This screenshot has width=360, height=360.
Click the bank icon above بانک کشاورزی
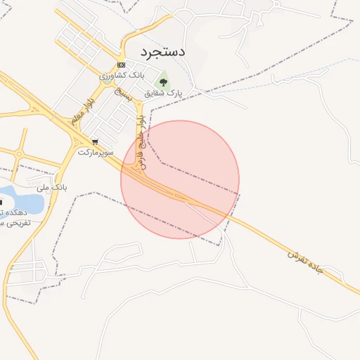(x=122, y=64)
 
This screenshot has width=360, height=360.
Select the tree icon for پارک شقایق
(x=163, y=82)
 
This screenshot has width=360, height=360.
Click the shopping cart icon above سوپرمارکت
(x=94, y=141)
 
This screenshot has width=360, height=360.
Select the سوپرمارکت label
(x=95, y=151)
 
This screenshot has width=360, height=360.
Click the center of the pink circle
(x=180, y=179)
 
